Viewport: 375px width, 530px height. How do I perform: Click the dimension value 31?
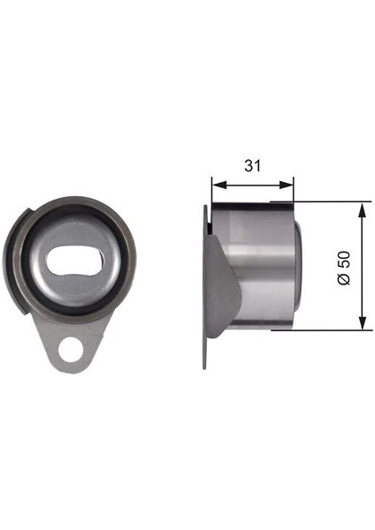pyautogui.click(x=252, y=164)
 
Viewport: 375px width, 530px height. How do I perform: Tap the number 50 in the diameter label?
pyautogui.click(x=345, y=259)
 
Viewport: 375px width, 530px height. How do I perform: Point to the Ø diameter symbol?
pyautogui.click(x=345, y=279)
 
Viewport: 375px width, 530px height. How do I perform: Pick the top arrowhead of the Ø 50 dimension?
pyautogui.click(x=363, y=208)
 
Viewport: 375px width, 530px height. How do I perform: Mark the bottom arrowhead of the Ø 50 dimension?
pyautogui.click(x=363, y=325)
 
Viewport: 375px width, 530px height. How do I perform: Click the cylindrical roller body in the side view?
pyautogui.click(x=256, y=265)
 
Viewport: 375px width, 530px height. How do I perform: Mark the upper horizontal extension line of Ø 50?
pyautogui.click(x=327, y=202)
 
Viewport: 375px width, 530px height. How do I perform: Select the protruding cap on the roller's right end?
pyautogui.click(x=300, y=265)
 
